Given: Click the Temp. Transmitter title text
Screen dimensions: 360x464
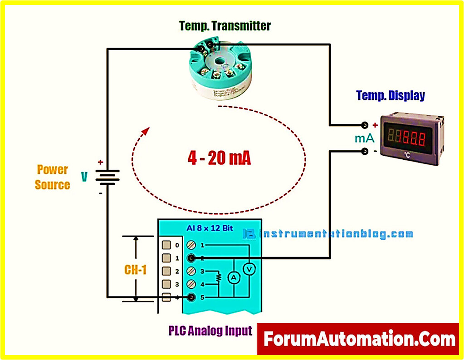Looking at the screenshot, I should coord(225,26).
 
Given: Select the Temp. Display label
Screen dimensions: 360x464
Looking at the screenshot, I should coord(391,96).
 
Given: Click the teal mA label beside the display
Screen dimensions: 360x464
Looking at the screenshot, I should coord(364,138).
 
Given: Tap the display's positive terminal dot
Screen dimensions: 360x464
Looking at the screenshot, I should coord(364,125).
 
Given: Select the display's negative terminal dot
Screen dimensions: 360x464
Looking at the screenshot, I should coord(364,152).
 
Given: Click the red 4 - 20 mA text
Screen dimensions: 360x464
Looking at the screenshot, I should coord(219,158).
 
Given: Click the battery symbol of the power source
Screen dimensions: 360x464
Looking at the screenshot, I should coord(107,177).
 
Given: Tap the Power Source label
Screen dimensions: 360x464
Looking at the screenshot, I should coord(53,177).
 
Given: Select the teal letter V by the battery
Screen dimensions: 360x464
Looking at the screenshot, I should coord(84,177).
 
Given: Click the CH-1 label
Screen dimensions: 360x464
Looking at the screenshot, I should coord(135,270).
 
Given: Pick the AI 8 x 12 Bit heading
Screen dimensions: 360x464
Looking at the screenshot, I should coord(210,228).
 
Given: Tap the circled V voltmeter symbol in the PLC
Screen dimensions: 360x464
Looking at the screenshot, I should coord(249,269).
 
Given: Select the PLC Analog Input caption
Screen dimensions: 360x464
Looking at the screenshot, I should coord(210,330).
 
